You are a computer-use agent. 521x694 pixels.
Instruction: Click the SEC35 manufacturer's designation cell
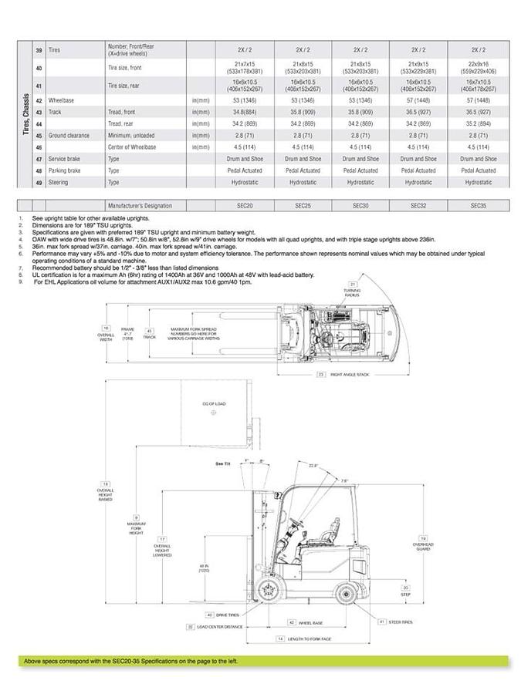point(476,206)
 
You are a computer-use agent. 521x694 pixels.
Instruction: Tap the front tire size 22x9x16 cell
point(476,68)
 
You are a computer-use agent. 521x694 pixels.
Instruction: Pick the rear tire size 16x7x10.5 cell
point(476,84)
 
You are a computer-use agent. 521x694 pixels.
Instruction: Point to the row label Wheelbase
point(61,100)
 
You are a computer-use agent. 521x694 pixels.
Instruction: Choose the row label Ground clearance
point(70,135)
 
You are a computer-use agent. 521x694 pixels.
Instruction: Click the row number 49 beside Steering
point(38,183)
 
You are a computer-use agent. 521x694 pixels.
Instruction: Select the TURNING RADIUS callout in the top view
point(352,291)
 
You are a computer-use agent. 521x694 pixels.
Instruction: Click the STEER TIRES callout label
point(401,621)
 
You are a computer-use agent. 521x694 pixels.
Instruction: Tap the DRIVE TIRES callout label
point(225,615)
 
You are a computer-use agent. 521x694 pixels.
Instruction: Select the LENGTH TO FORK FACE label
point(309,639)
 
